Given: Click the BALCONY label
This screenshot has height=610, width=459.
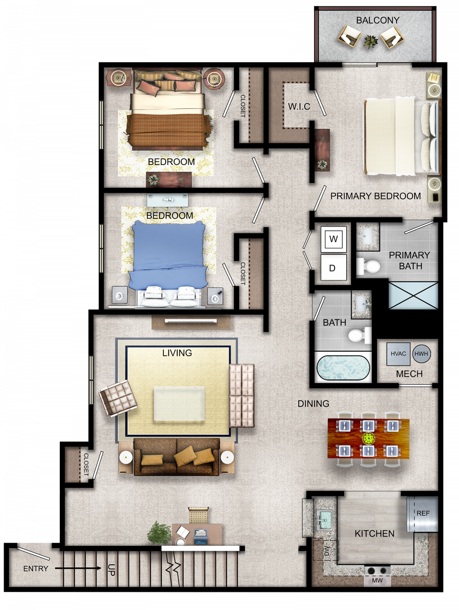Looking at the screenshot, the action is click(378, 20).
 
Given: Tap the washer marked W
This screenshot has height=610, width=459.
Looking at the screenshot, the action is click(334, 239).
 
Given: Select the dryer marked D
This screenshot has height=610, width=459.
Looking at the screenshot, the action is click(334, 267).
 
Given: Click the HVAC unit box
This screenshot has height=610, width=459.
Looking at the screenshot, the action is click(398, 354).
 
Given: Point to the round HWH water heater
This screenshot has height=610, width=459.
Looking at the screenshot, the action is click(421, 354).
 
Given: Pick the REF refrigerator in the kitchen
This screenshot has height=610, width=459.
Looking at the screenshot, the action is click(422, 513).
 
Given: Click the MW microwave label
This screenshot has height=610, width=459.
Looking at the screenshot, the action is click(377, 580).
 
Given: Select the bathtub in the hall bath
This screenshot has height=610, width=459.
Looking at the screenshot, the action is click(343, 368).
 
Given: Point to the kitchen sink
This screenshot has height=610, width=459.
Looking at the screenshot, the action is click(324, 521).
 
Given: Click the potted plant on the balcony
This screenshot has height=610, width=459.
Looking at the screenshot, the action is click(371, 42).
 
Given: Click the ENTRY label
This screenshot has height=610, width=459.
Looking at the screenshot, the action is click(36, 569).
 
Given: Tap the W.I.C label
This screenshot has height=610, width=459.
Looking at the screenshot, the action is click(299, 106).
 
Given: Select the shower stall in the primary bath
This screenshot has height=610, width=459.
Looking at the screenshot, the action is click(413, 295).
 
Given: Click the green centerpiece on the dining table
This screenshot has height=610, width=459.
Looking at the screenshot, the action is click(368, 438).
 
